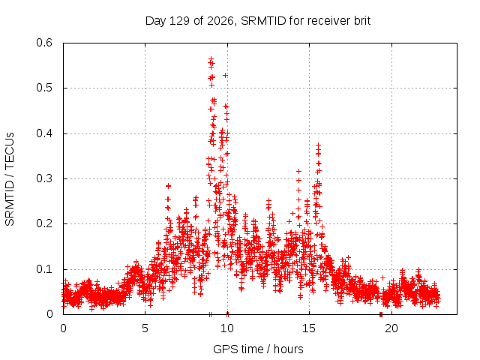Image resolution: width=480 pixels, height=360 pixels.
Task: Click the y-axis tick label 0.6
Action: [44, 43]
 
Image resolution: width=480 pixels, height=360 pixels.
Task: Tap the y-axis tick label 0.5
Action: [44, 88]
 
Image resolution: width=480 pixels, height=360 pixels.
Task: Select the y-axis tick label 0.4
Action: [44, 133]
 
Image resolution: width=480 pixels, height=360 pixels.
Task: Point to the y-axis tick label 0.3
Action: [44, 178]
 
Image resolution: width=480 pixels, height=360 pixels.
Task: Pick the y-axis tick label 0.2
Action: [44, 223]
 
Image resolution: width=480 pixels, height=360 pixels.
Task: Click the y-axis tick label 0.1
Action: [44, 269]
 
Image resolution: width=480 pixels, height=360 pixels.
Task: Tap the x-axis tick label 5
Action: [145, 328]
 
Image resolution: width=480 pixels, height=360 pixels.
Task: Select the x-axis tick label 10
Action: [226, 328]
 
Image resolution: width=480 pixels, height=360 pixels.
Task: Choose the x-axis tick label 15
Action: [309, 328]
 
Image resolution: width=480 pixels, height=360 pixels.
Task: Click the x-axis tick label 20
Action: [391, 328]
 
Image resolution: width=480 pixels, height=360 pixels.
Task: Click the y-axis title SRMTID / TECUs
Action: [10, 179]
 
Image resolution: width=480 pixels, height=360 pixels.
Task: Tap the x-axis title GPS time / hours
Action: [258, 349]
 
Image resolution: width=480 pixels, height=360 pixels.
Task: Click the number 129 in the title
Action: [179, 21]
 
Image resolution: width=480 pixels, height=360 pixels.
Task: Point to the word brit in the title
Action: [362, 21]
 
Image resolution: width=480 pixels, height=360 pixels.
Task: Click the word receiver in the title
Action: [328, 21]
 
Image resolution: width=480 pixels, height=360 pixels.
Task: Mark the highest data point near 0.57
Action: [211, 58]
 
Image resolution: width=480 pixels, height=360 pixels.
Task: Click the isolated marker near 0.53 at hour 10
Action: [225, 75]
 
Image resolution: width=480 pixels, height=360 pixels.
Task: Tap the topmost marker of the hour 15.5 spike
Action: [318, 145]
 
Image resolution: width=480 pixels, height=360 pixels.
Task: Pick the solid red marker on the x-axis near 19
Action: [381, 314]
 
